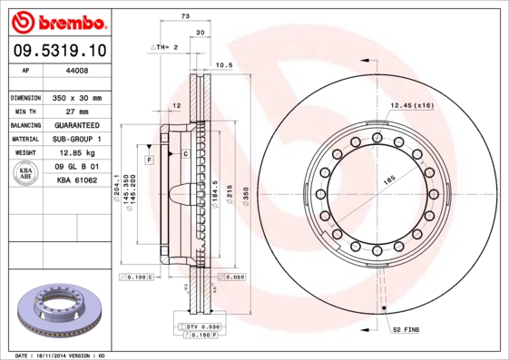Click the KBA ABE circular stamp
[x=26, y=174]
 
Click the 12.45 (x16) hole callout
[x=411, y=107]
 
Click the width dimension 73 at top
[x=185, y=17]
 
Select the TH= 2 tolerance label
[x=164, y=45]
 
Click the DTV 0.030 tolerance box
[x=202, y=326]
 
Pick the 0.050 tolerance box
[x=231, y=277]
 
